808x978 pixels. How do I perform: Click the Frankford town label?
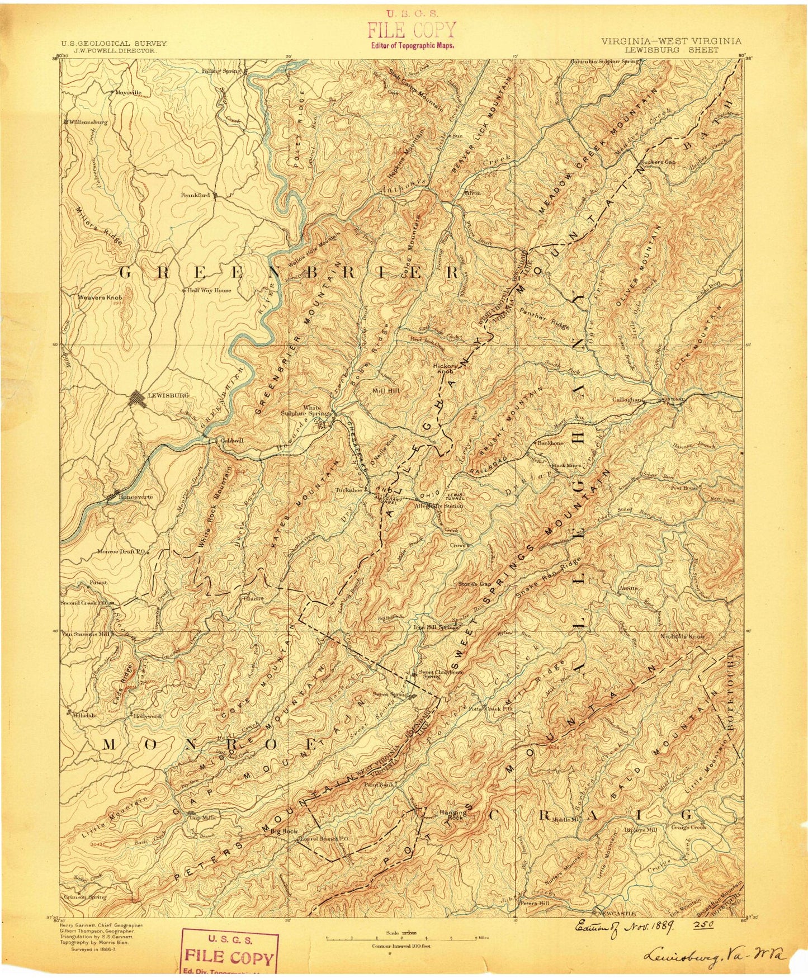[195, 195]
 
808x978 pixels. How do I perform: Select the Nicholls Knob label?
[682, 636]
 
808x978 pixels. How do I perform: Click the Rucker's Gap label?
[658, 162]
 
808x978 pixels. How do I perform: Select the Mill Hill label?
[386, 391]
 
